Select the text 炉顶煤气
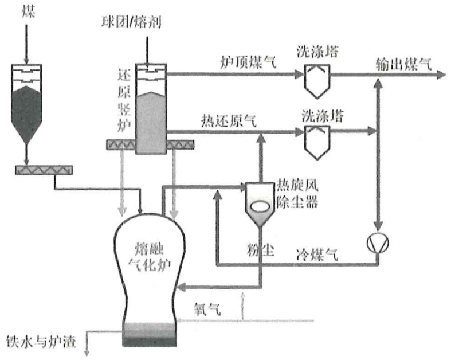pyautogui.click(x=248, y=61)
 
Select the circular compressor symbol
pyautogui.click(x=378, y=242)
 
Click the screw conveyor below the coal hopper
pyautogui.click(x=44, y=170)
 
